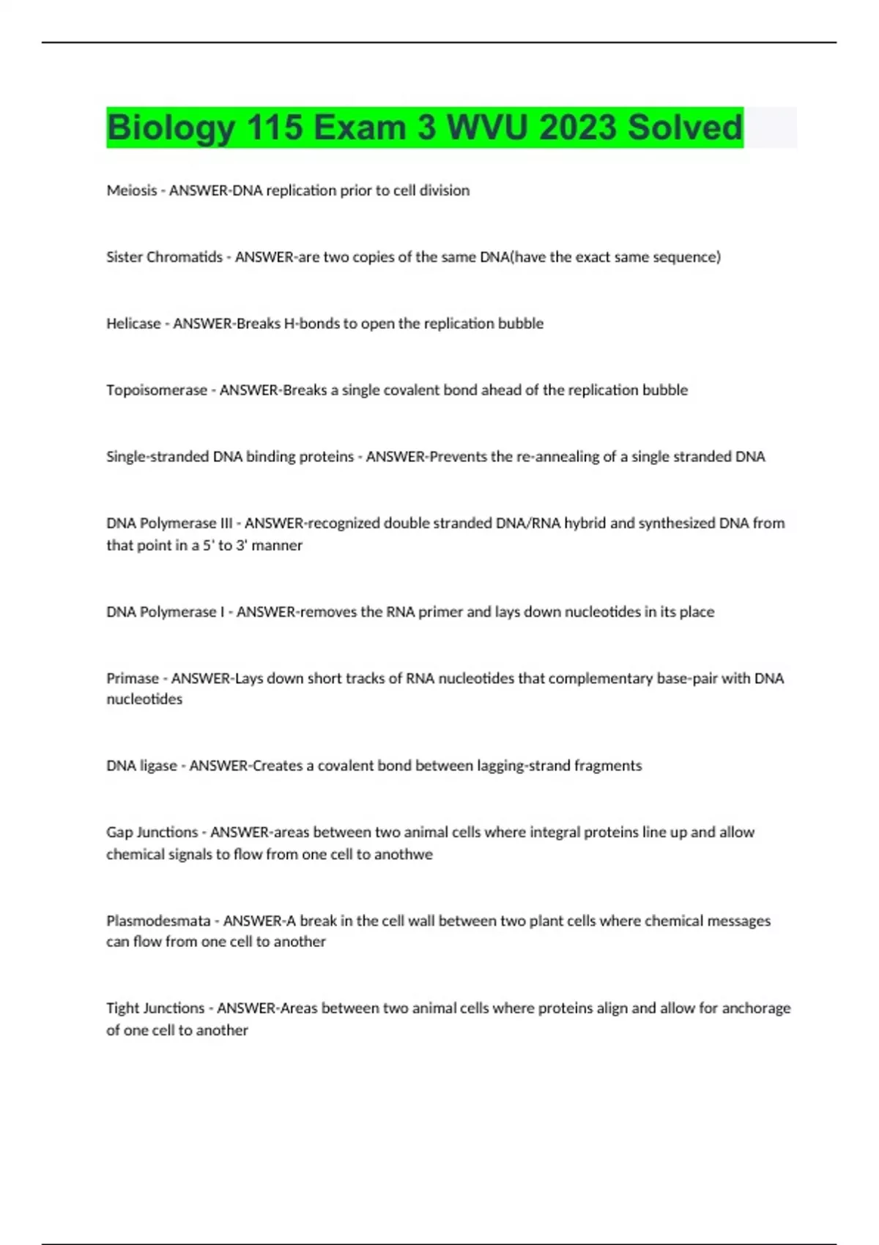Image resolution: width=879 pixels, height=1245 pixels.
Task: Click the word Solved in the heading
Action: (x=685, y=128)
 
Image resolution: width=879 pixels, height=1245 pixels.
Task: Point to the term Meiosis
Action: (x=132, y=190)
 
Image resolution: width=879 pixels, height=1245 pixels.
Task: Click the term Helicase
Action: (x=133, y=324)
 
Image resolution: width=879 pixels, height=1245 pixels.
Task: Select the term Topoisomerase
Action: (x=157, y=390)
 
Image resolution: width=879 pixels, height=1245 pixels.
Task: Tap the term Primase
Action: (x=133, y=678)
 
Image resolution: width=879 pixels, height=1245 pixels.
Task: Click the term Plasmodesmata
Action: (x=158, y=921)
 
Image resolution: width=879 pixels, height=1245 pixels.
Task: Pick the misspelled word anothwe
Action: (x=404, y=854)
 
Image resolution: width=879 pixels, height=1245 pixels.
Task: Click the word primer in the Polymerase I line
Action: (x=440, y=612)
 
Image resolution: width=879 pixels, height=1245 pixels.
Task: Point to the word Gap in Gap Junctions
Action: (x=119, y=833)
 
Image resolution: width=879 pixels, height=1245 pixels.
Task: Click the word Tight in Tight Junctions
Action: (x=122, y=1008)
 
